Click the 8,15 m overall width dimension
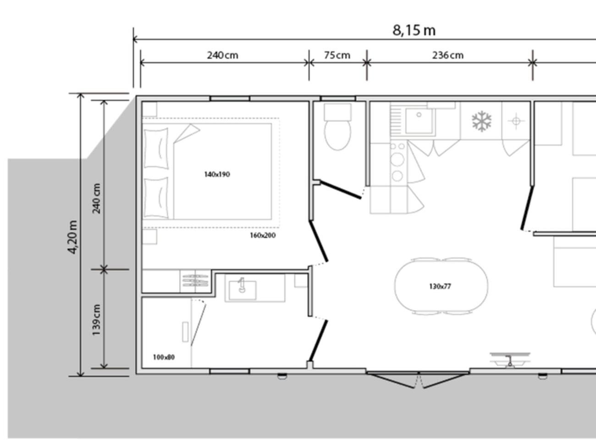tap(414, 30)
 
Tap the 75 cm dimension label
tap(337, 55)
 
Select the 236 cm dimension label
tap(448, 55)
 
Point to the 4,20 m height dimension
tap(72, 237)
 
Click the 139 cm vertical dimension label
tap(96, 320)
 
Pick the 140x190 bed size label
tap(217, 174)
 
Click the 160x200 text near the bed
tap(263, 235)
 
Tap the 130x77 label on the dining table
tap(440, 287)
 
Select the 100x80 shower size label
tap(164, 357)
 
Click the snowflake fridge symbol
tap(481, 121)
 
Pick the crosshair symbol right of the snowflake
tap(516, 121)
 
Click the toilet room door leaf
tap(341, 189)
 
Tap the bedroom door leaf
tap(319, 241)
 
